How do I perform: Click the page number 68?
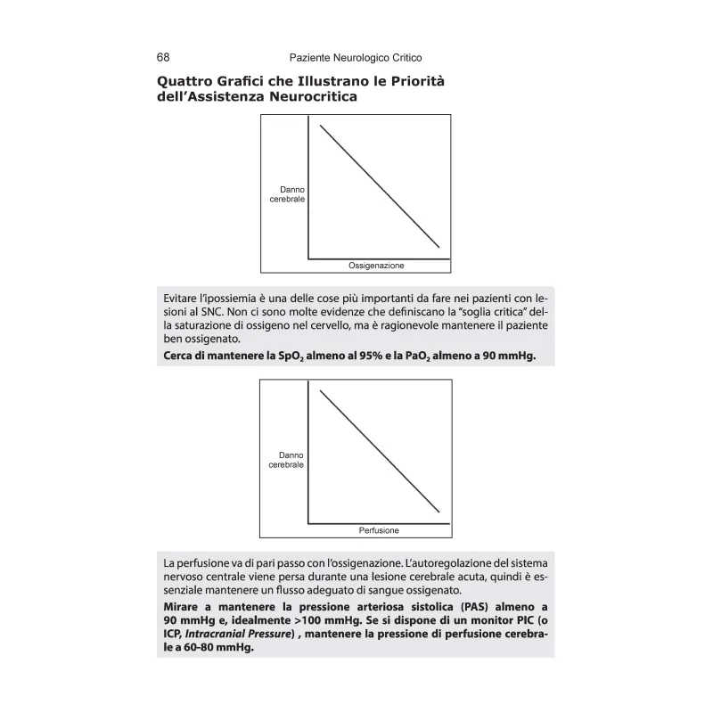coord(163,57)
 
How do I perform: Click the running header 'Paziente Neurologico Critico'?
coord(356,57)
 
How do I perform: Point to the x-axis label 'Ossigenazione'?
coord(376,266)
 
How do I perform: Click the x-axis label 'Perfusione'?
coord(379,530)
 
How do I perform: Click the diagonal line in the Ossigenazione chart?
coord(380,186)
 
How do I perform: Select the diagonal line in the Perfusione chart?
coord(380,452)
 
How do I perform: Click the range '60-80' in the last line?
coord(192,649)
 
